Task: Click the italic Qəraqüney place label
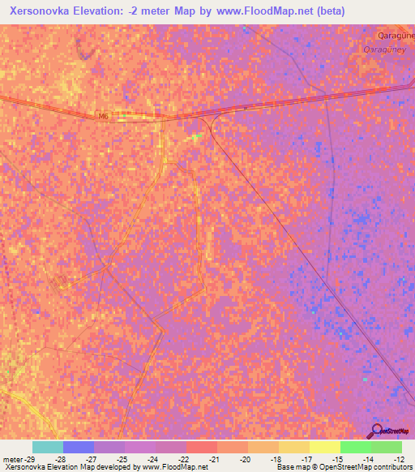pyautogui.click(x=376, y=48)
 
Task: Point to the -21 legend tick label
pyautogui.click(x=215, y=460)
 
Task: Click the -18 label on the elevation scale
pyautogui.click(x=276, y=460)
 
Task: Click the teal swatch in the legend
pyautogui.click(x=48, y=447)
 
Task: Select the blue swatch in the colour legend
pyautogui.click(x=79, y=447)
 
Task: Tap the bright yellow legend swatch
pyautogui.click(x=324, y=447)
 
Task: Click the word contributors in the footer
pyautogui.click(x=393, y=468)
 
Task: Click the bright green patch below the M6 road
pyautogui.click(x=198, y=135)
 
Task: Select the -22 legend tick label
pyautogui.click(x=185, y=460)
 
